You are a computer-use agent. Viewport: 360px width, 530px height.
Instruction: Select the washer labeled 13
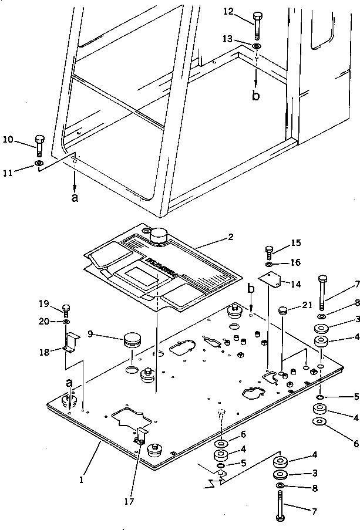click(x=257, y=46)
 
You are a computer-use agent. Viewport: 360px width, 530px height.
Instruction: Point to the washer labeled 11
click(x=39, y=163)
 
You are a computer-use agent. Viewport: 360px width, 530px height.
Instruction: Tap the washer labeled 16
click(x=268, y=265)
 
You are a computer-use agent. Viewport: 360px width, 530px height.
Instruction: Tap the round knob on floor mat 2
click(x=159, y=235)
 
